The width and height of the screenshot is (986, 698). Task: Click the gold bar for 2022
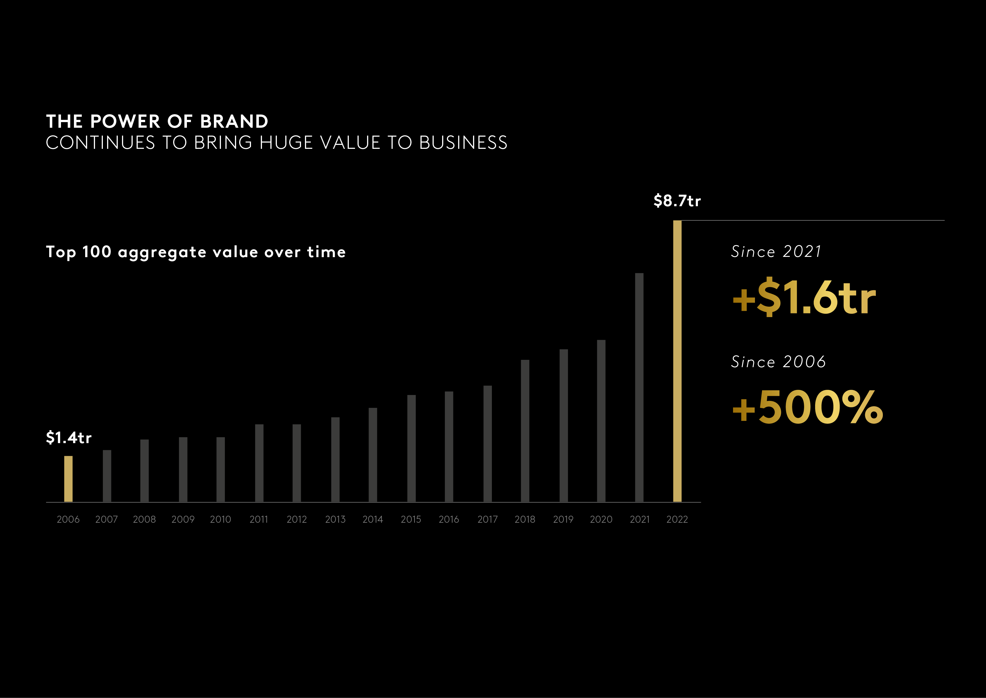[x=677, y=361]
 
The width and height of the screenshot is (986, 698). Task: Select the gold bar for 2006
[x=68, y=479]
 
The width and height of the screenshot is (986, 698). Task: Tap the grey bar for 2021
[x=639, y=387]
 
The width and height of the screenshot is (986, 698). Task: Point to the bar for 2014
[x=373, y=455]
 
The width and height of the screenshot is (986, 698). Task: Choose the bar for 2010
[x=220, y=469]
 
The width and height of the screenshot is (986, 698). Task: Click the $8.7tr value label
[x=677, y=201]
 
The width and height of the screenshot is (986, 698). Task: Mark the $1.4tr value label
[x=69, y=437]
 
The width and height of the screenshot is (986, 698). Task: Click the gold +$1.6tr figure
[x=804, y=297]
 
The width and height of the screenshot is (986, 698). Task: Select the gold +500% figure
[x=807, y=407]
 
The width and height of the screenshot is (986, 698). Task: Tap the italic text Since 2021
[x=776, y=252]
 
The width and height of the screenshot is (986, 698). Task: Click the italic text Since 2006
[x=778, y=362]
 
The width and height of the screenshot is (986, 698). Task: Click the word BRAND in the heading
[x=234, y=122]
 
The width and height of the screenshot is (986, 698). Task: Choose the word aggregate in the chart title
[x=162, y=252]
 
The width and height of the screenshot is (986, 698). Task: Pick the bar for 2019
[x=564, y=425]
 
